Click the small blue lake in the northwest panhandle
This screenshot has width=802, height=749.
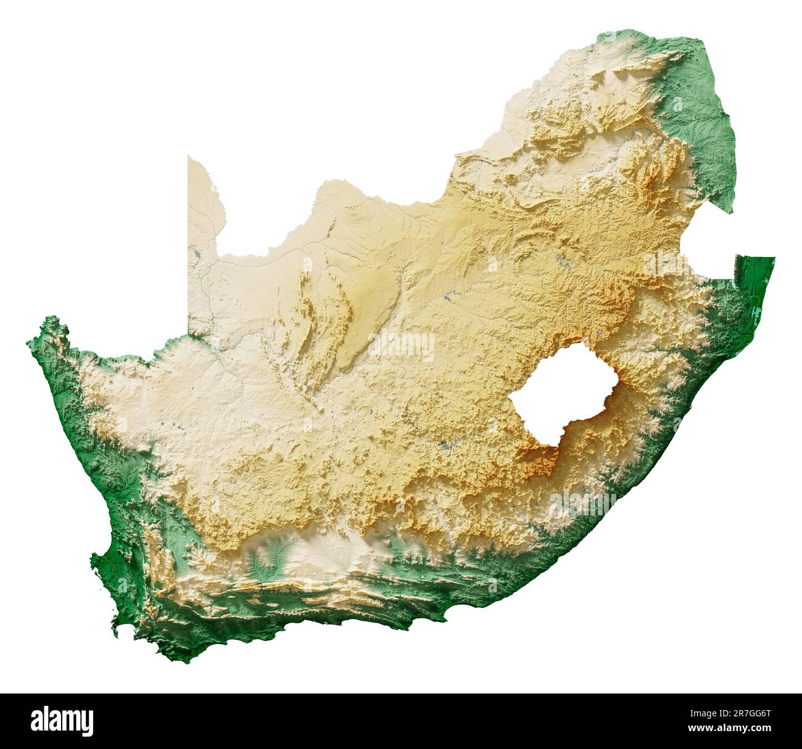point(197,253)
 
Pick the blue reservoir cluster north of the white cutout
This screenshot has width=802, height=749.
point(563,261)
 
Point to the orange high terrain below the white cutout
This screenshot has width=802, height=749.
point(540,459)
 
